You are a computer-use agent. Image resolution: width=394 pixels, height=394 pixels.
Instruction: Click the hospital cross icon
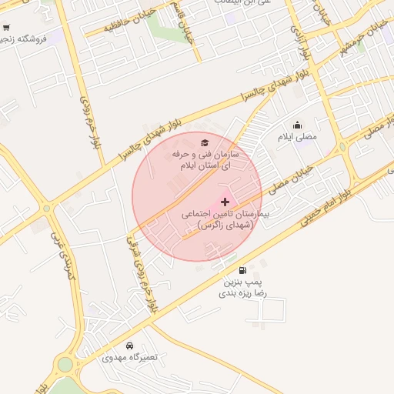click(x=225, y=202)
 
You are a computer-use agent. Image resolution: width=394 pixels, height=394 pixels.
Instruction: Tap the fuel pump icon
click(x=243, y=270)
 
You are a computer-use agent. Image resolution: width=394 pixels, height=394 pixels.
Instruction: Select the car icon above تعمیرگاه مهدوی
click(x=129, y=346)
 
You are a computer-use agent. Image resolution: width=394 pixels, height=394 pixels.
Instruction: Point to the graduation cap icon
click(x=205, y=142)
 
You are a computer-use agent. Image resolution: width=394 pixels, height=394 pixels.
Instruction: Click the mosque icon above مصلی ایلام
click(x=297, y=125)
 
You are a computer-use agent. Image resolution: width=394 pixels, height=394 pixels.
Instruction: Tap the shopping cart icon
click(x=6, y=37)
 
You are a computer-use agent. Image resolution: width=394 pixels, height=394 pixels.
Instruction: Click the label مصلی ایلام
click(x=297, y=137)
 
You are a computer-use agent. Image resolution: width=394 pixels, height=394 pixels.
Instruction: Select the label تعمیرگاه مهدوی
click(x=129, y=359)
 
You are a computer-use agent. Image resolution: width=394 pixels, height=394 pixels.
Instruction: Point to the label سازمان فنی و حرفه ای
click(x=205, y=160)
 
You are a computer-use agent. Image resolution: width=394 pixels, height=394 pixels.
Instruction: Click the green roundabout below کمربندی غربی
click(x=65, y=362)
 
